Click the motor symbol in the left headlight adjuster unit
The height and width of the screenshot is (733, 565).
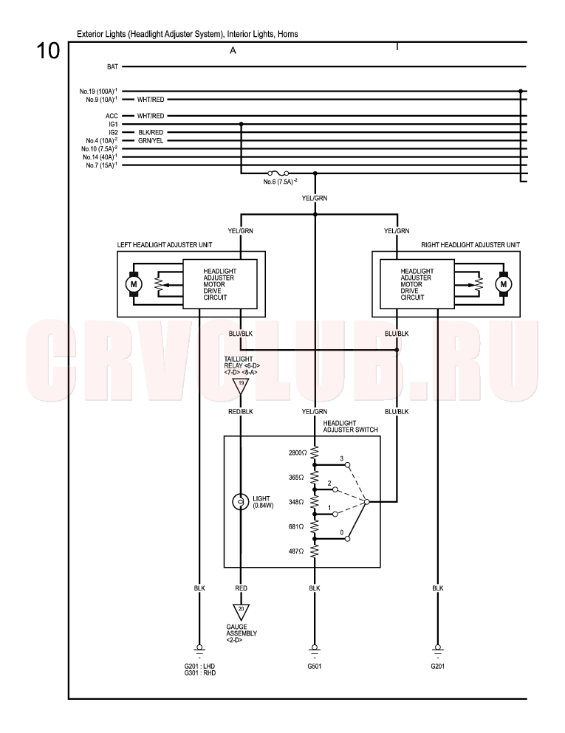pyautogui.click(x=133, y=283)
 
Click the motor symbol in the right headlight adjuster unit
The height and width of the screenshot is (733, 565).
pyautogui.click(x=504, y=283)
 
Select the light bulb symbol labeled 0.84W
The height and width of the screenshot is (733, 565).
pyautogui.click(x=241, y=502)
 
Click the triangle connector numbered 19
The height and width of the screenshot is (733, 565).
pyautogui.click(x=241, y=385)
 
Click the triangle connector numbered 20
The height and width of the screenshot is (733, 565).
pyautogui.click(x=241, y=611)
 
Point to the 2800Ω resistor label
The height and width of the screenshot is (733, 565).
pyautogui.click(x=298, y=453)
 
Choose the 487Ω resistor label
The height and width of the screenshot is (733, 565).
pyautogui.click(x=296, y=551)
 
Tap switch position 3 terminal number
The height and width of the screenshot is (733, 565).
pyautogui.click(x=341, y=458)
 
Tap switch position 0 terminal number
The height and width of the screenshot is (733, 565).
pyautogui.click(x=341, y=532)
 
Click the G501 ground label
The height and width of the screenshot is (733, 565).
pyautogui.click(x=315, y=666)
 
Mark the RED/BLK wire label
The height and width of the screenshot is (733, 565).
pyautogui.click(x=241, y=411)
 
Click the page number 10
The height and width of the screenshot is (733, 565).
pyautogui.click(x=48, y=50)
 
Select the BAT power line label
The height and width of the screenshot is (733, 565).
pyautogui.click(x=112, y=67)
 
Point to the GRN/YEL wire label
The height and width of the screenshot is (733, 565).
pyautogui.click(x=151, y=141)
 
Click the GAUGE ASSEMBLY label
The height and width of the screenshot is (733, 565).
pyautogui.click(x=242, y=630)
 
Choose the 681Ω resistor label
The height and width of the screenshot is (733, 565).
pyautogui.click(x=296, y=527)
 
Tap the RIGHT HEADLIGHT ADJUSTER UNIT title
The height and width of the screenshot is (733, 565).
pyautogui.click(x=470, y=244)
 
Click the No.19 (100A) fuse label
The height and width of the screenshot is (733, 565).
pyautogui.click(x=98, y=91)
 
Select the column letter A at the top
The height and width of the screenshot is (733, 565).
pyautogui.click(x=233, y=50)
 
